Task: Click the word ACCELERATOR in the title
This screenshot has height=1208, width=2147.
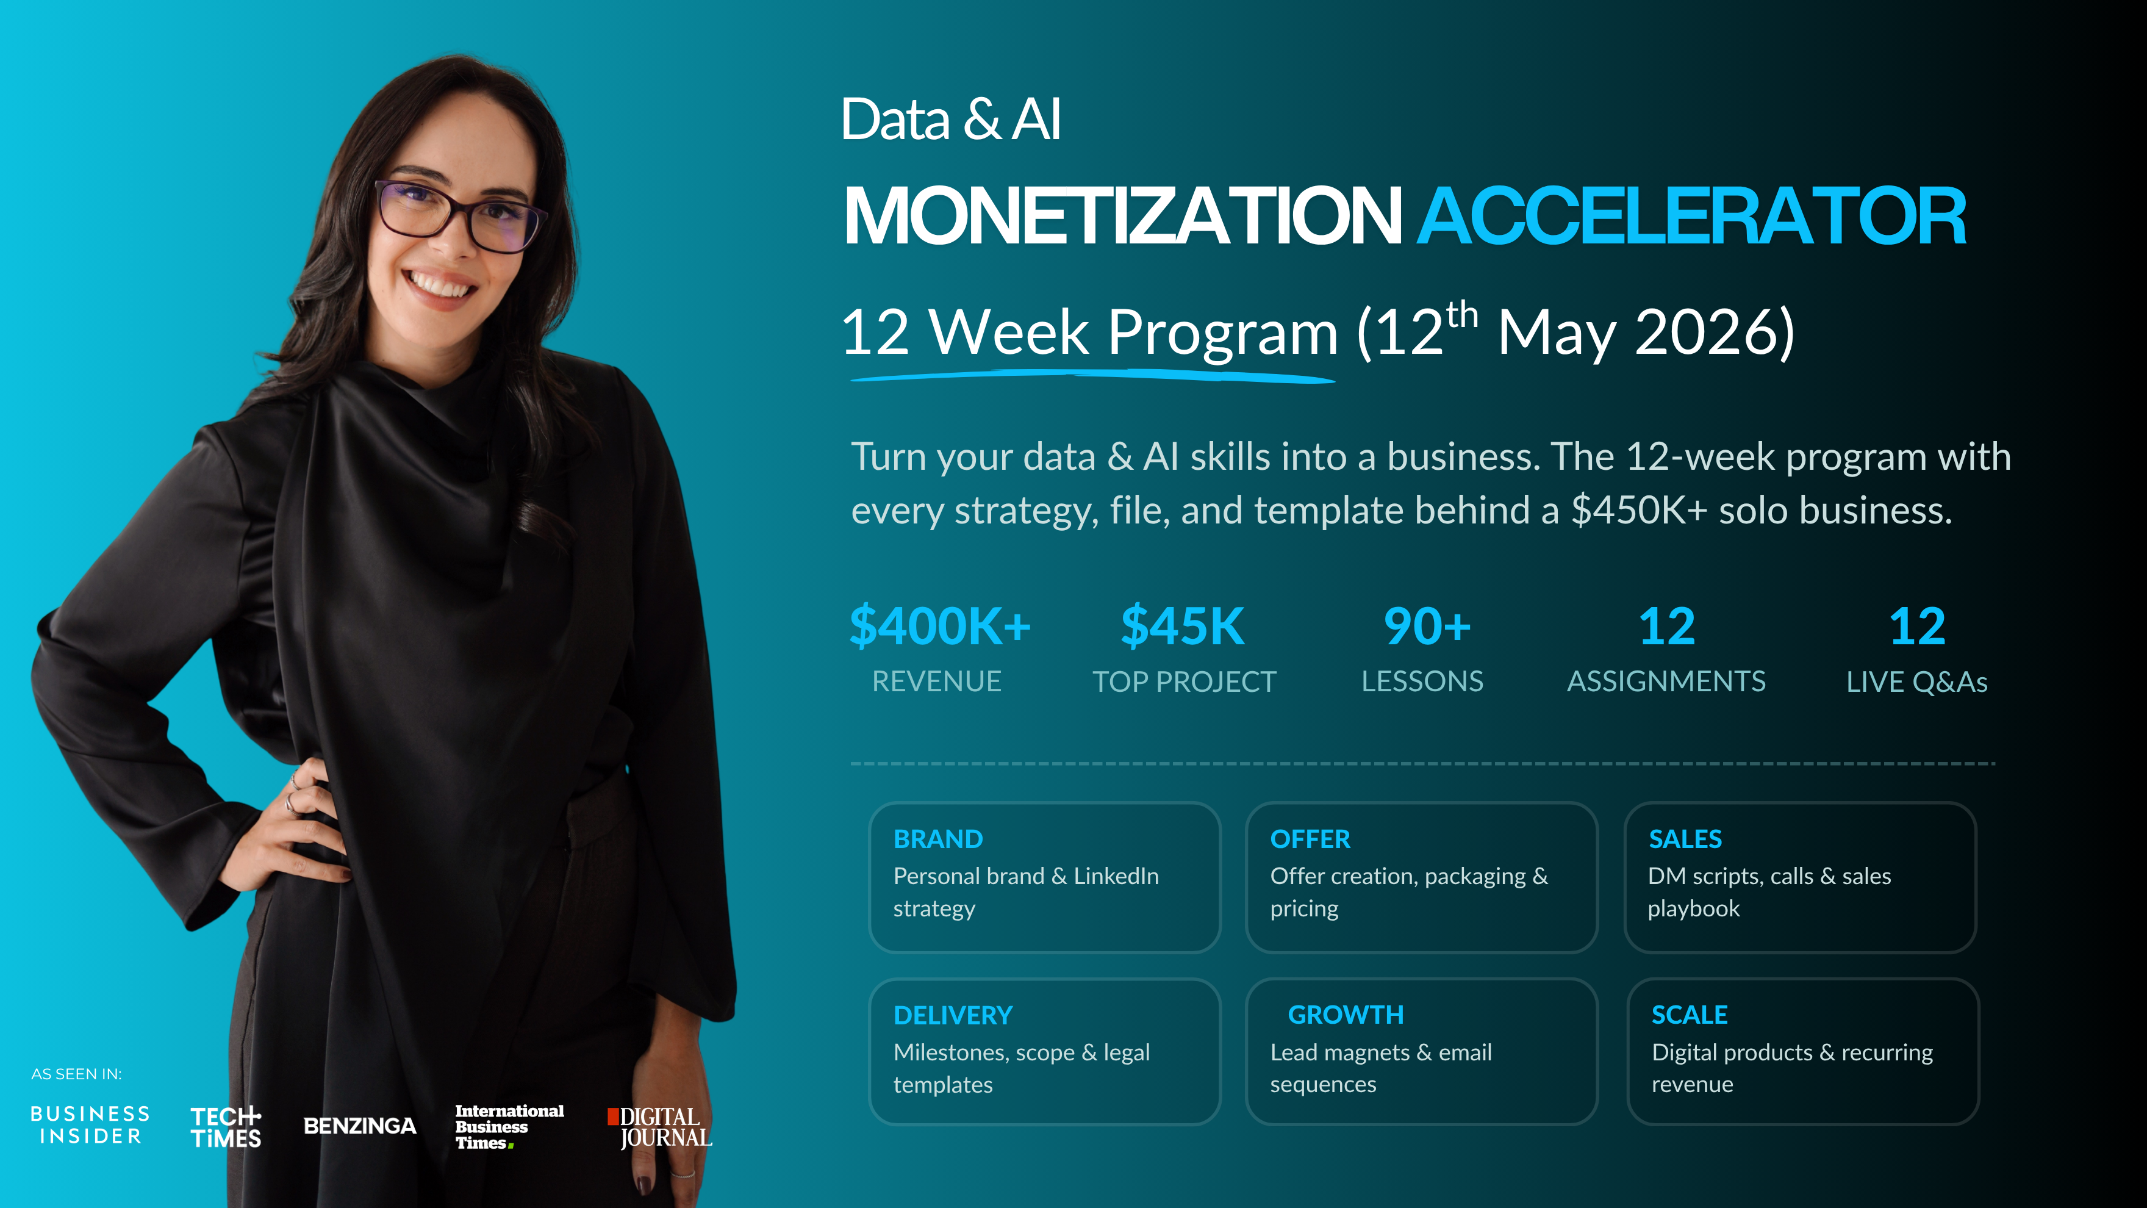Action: [x=1692, y=216]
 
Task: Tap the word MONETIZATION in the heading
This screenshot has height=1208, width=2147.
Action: [x=1123, y=216]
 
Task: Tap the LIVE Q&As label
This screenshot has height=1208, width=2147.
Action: [x=1917, y=682]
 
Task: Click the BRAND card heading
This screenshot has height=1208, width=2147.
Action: [x=937, y=839]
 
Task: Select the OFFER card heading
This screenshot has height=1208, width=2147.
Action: [x=1310, y=839]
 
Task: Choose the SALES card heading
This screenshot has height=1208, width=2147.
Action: [x=1685, y=839]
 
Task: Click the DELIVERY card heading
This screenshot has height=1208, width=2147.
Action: [x=953, y=1015]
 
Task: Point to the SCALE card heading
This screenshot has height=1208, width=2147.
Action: [x=1690, y=1015]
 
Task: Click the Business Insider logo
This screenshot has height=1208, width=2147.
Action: [x=90, y=1126]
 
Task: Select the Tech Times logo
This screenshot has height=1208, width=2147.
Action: [x=226, y=1127]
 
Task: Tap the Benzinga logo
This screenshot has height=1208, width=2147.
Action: [x=360, y=1126]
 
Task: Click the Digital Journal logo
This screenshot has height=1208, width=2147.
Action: [x=660, y=1127]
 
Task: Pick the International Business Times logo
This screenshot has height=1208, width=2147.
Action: [x=509, y=1127]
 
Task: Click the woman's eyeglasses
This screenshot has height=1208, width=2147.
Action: [x=459, y=215]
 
